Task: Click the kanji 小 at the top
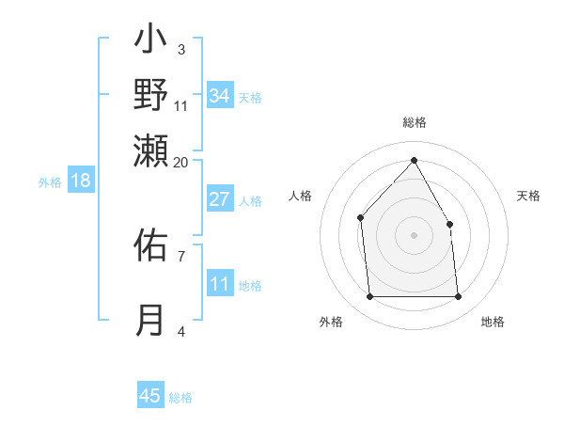point(150,42)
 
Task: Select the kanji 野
point(150,94)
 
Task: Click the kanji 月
point(150,320)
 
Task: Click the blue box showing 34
point(219,95)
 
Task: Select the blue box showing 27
point(219,199)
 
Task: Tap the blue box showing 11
point(219,284)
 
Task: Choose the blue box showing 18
point(80,182)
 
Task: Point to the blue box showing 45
point(150,396)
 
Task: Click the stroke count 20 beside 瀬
point(180,162)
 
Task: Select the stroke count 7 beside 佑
point(180,255)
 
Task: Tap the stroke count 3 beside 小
point(180,49)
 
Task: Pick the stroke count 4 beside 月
point(180,330)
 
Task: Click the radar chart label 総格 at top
point(414,122)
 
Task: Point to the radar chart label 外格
point(331,322)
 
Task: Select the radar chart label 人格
point(301,196)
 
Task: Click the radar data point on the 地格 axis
point(459,297)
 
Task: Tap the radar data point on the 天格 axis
point(449,224)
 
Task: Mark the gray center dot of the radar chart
point(414,235)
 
